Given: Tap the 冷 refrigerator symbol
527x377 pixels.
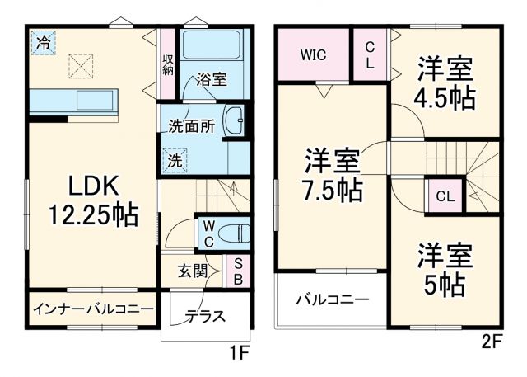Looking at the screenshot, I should click(x=40, y=43).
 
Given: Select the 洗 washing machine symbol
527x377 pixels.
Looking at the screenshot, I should click(x=175, y=161).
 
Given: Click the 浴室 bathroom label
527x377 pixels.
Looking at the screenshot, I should click(x=211, y=81).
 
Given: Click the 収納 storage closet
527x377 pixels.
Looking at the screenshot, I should click(x=168, y=64).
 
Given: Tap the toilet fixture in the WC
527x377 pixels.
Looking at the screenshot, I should click(x=237, y=232).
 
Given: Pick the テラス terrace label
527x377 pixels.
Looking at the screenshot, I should click(x=205, y=316).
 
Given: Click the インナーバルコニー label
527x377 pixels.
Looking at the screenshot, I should click(x=93, y=309).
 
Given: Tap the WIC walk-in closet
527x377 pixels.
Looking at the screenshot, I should click(x=313, y=55).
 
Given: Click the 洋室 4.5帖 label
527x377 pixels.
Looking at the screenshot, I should click(x=445, y=82).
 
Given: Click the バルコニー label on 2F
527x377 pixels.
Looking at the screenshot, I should click(x=332, y=299).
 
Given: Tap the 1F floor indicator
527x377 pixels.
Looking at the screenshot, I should click(x=238, y=355).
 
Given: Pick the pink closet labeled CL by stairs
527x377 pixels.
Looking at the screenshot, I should click(x=444, y=196).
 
